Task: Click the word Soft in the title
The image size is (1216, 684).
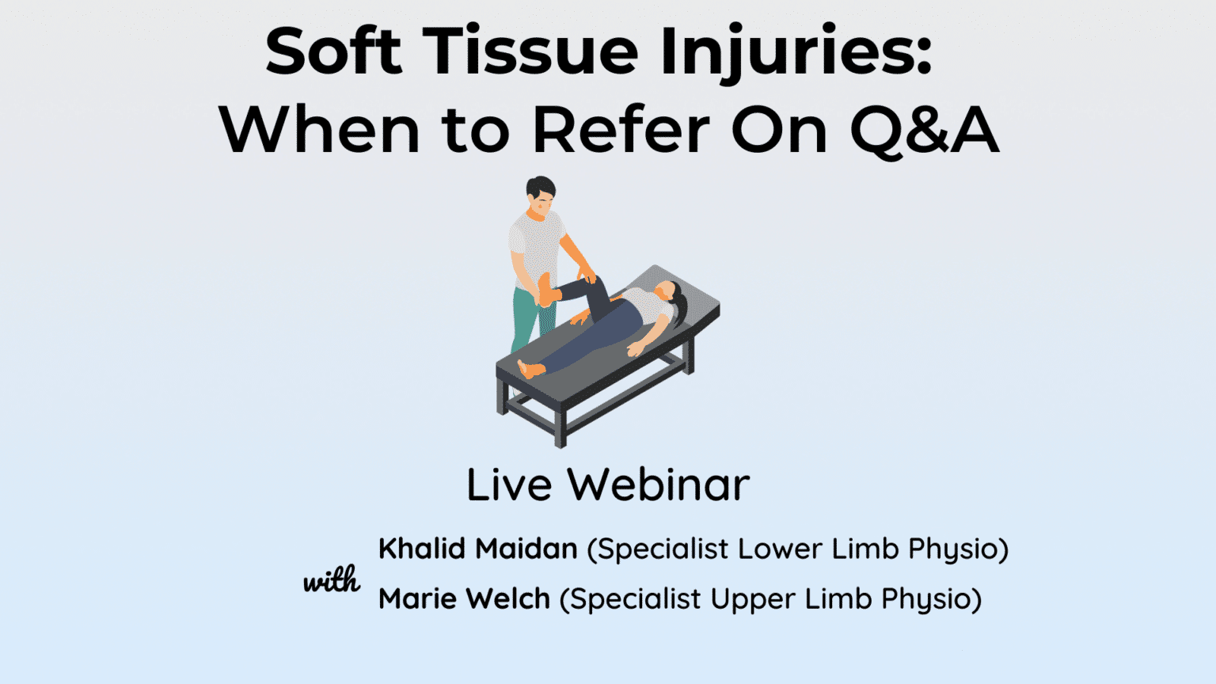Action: (333, 52)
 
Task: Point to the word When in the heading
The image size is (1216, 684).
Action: (319, 130)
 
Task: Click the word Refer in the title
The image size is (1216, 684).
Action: (621, 130)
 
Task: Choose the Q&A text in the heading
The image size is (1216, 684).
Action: (924, 130)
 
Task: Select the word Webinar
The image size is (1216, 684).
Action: (659, 484)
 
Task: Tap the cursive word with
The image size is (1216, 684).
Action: (332, 582)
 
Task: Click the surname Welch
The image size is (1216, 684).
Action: (511, 599)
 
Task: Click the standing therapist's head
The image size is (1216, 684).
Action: (541, 194)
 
